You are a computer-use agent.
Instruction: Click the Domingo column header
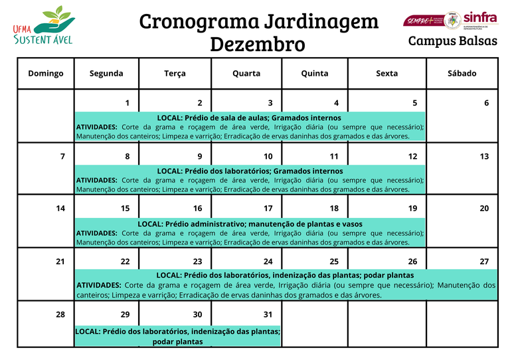[46, 73]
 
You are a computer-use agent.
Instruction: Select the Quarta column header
[246, 73]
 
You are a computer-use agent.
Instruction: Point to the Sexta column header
[387, 73]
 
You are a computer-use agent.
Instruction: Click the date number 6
[486, 103]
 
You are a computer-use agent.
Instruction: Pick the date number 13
[484, 157]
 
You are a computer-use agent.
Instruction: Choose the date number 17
[268, 209]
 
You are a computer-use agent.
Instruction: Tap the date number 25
[334, 262]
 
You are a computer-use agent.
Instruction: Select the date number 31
[268, 314]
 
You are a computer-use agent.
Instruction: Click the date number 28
[60, 314]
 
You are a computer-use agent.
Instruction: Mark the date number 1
[127, 103]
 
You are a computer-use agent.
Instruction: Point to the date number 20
[484, 209]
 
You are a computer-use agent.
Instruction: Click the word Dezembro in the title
[258, 45]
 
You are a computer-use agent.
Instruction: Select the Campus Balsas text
[452, 41]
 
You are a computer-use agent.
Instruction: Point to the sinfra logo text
[479, 18]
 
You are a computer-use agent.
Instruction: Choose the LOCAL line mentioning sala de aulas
[249, 118]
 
